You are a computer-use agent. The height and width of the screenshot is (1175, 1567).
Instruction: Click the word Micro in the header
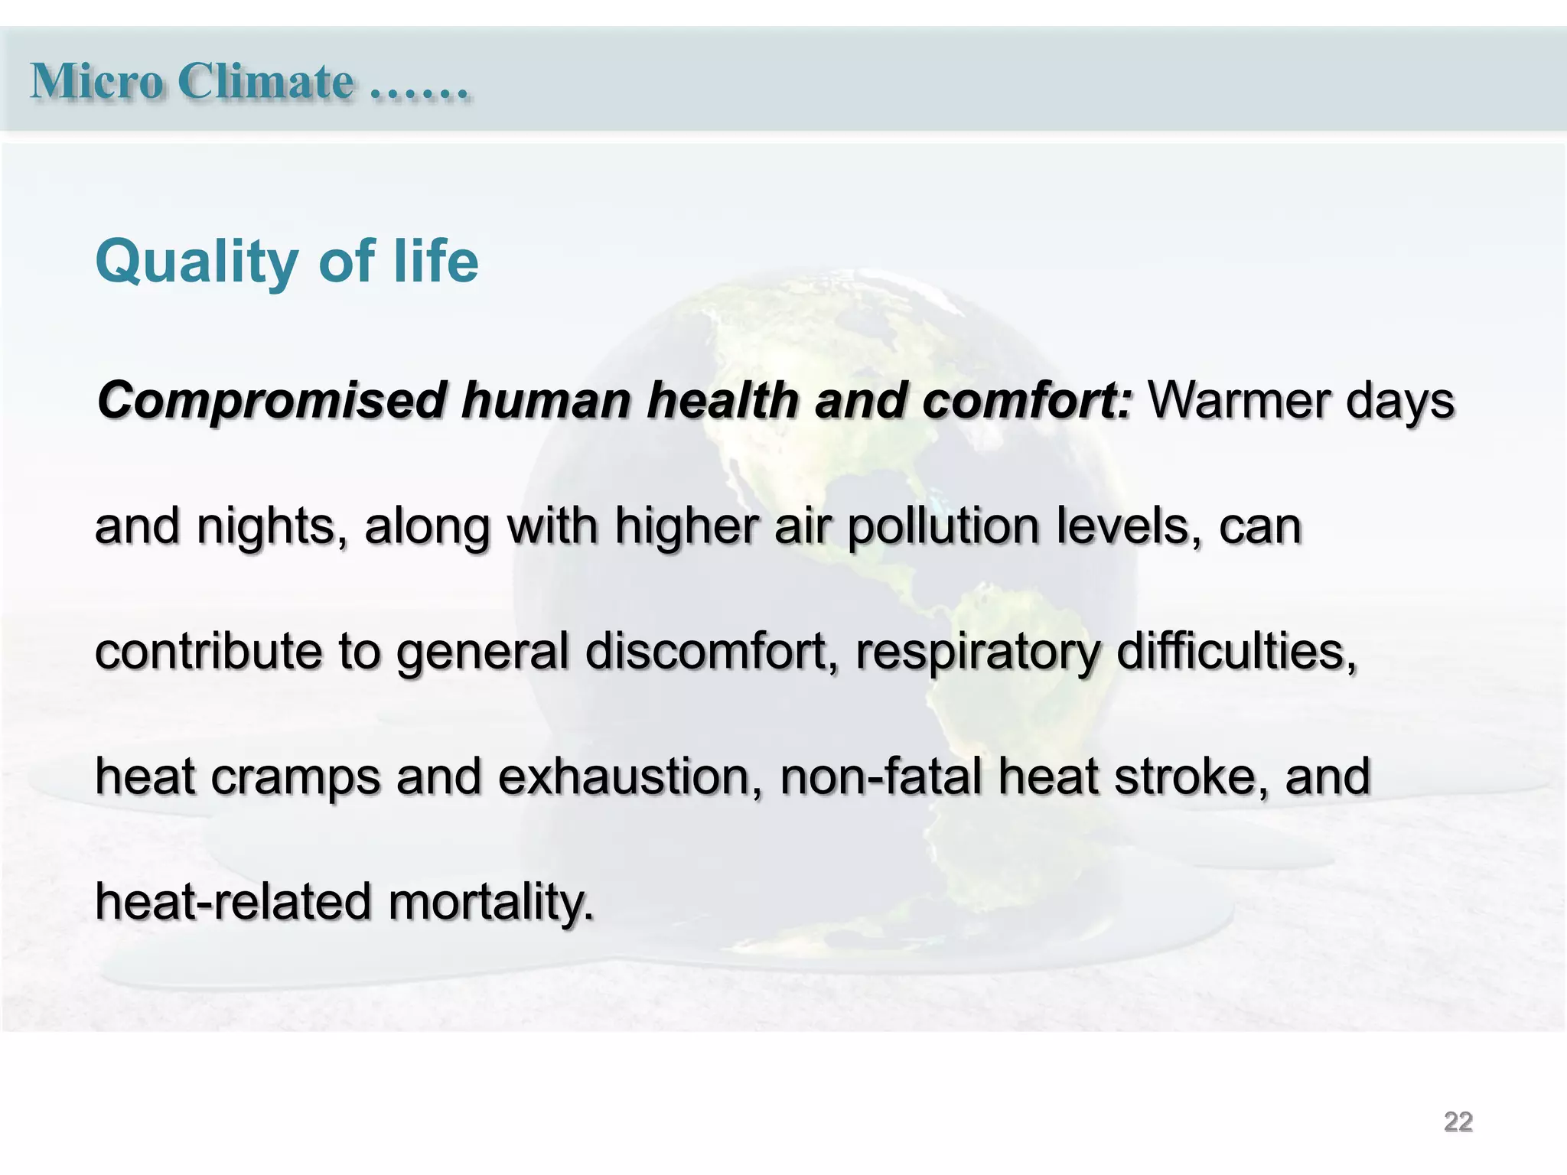tap(96, 81)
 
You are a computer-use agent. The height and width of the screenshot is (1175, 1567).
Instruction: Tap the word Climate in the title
tap(266, 81)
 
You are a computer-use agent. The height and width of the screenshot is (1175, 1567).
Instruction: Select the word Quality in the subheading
tap(197, 262)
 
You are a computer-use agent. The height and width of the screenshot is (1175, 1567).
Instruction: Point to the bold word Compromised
tap(272, 401)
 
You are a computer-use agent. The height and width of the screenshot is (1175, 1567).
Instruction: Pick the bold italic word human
tap(546, 401)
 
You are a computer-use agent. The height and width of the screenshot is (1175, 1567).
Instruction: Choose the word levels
tap(1129, 528)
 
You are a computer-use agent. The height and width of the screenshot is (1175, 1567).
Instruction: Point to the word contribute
tap(207, 652)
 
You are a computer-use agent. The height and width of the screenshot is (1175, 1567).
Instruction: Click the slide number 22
tap(1458, 1122)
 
